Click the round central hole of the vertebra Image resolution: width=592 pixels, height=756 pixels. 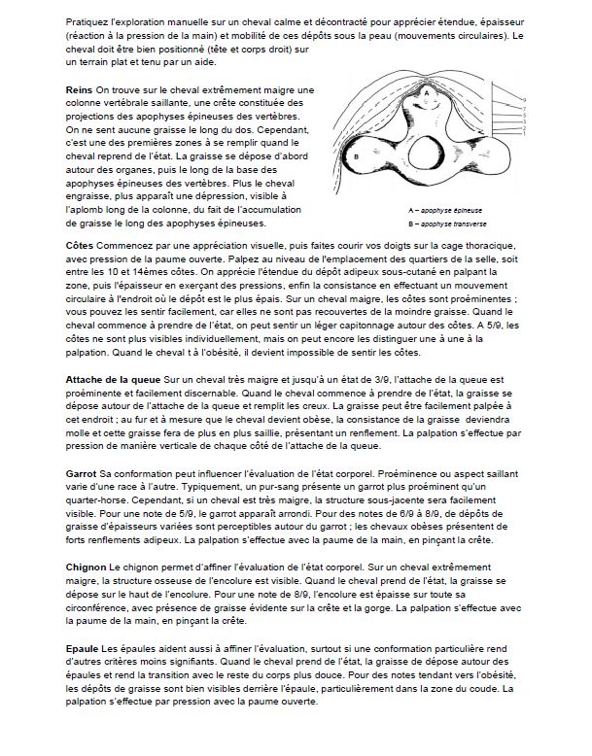coord(427,155)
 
